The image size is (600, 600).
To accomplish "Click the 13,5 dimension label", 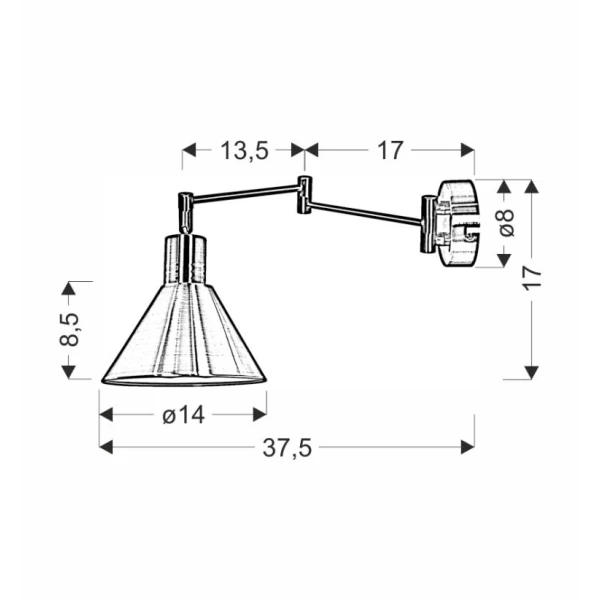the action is (245, 150).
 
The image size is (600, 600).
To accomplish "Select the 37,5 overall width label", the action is (287, 447).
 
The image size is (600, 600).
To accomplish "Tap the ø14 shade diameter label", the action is (184, 414).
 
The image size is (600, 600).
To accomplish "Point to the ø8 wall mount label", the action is (506, 223).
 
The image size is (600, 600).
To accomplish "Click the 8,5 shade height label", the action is (69, 329).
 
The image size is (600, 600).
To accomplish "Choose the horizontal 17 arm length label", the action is (390, 150).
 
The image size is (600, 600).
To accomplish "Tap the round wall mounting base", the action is (458, 223).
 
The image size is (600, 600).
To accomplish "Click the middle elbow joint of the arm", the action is (304, 195).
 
